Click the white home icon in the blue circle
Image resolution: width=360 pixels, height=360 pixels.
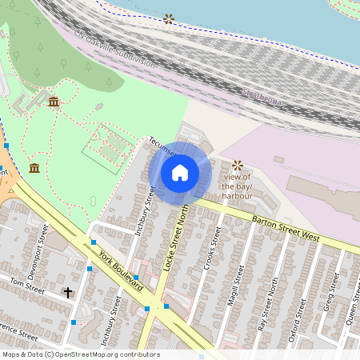180,172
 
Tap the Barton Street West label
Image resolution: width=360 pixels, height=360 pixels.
285,228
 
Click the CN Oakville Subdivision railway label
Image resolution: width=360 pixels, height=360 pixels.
112,50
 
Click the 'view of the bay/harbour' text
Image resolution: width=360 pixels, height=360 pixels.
238,186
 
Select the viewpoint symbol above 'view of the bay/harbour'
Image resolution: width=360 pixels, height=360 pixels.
237,165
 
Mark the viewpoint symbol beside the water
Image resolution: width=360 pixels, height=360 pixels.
169,18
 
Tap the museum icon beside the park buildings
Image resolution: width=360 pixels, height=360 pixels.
53,102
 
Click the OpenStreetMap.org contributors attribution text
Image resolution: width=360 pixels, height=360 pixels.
109,354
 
